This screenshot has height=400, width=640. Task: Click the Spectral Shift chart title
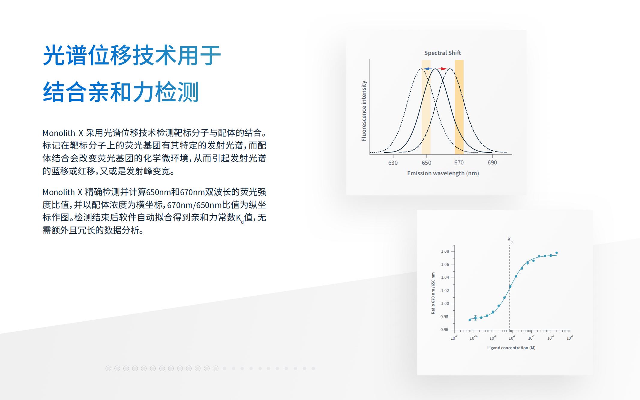click(442, 53)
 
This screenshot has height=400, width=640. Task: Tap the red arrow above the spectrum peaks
click(443, 69)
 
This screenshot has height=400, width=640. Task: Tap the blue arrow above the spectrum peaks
click(428, 69)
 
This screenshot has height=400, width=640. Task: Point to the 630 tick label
click(393, 163)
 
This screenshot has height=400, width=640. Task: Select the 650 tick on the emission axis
click(426, 163)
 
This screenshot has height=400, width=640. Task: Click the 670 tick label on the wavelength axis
click(459, 163)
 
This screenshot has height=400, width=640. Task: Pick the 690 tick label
click(492, 163)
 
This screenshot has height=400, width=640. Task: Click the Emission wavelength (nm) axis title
click(443, 173)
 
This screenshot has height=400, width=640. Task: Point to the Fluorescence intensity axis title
click(364, 111)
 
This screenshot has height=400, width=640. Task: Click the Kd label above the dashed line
click(510, 240)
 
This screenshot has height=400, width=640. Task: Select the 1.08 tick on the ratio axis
click(445, 251)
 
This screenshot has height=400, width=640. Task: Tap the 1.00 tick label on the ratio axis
click(445, 303)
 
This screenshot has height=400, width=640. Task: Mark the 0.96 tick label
click(444, 329)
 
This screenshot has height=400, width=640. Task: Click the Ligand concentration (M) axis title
click(511, 348)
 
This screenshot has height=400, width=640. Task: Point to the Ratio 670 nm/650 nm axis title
click(433, 293)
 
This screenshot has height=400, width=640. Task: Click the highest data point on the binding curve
click(557, 253)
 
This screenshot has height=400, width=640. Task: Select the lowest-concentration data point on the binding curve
click(470, 320)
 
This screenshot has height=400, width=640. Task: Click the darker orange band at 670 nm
click(459, 107)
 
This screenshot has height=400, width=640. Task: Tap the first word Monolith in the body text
click(59, 133)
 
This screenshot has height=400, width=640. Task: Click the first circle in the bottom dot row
click(108, 368)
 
